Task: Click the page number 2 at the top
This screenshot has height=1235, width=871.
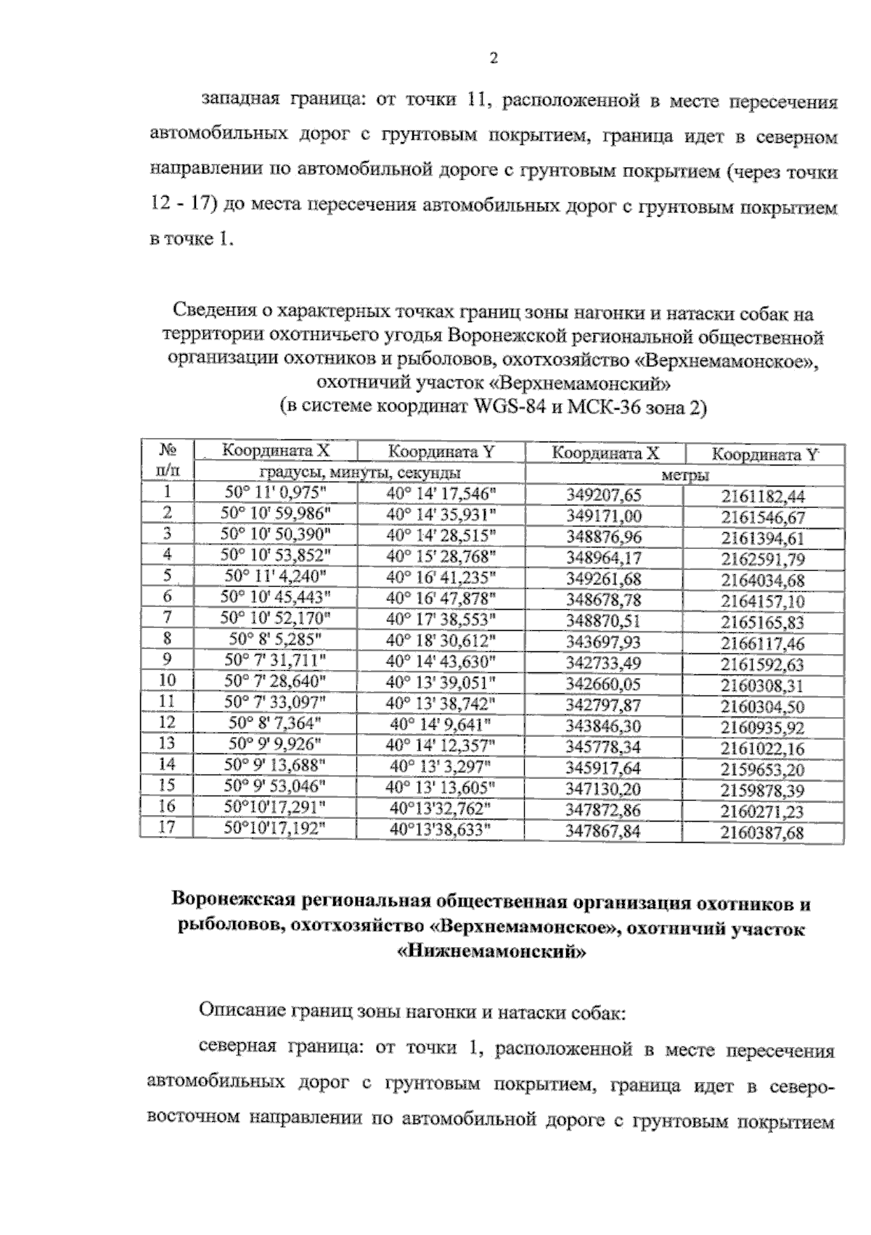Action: tap(494, 59)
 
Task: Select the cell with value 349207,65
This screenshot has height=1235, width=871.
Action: tap(603, 495)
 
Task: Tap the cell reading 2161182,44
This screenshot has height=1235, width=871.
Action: tap(763, 497)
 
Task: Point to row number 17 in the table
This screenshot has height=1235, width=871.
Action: tap(167, 826)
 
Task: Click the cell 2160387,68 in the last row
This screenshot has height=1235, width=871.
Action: tap(763, 833)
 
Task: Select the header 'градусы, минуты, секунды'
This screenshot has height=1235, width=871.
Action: tap(359, 473)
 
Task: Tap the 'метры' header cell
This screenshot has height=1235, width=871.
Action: tap(685, 475)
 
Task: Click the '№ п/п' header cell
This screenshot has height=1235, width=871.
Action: tap(167, 460)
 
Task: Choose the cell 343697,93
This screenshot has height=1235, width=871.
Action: tap(603, 643)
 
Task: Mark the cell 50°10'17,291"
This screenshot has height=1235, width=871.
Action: tap(275, 806)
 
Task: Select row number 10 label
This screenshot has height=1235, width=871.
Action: tap(167, 680)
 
